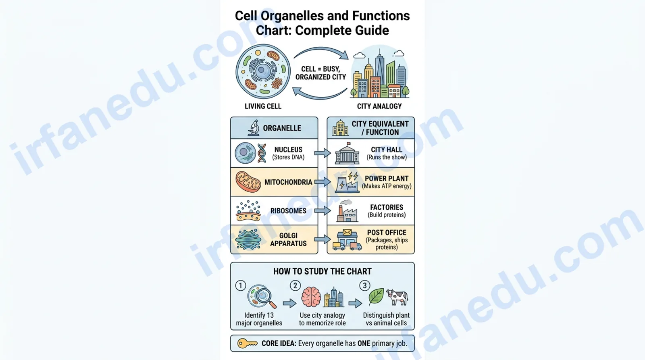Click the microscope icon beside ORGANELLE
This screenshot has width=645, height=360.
point(254,127)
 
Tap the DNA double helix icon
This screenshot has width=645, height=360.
point(262,153)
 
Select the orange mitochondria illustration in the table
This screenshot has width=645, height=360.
point(248,182)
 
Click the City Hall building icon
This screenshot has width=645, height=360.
point(347,154)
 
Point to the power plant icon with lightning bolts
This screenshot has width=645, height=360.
point(347,182)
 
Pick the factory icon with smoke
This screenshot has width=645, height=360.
point(347,211)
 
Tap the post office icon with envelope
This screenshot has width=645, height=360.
point(347,239)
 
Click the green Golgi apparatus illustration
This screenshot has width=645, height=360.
point(248,239)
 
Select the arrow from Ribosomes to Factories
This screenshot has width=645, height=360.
point(322,210)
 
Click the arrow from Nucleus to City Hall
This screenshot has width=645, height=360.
point(322,153)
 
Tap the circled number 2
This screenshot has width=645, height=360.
point(295,285)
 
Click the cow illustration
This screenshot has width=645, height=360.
point(397,297)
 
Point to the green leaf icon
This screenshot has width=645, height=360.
point(376,297)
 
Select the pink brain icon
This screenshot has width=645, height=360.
point(311,297)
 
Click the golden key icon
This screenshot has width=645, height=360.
point(247,343)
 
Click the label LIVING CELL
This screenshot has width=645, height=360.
point(263,106)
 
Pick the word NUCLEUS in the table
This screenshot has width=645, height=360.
point(288,150)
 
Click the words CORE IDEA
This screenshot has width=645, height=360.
point(279,343)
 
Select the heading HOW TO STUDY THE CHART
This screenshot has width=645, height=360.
point(322,271)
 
